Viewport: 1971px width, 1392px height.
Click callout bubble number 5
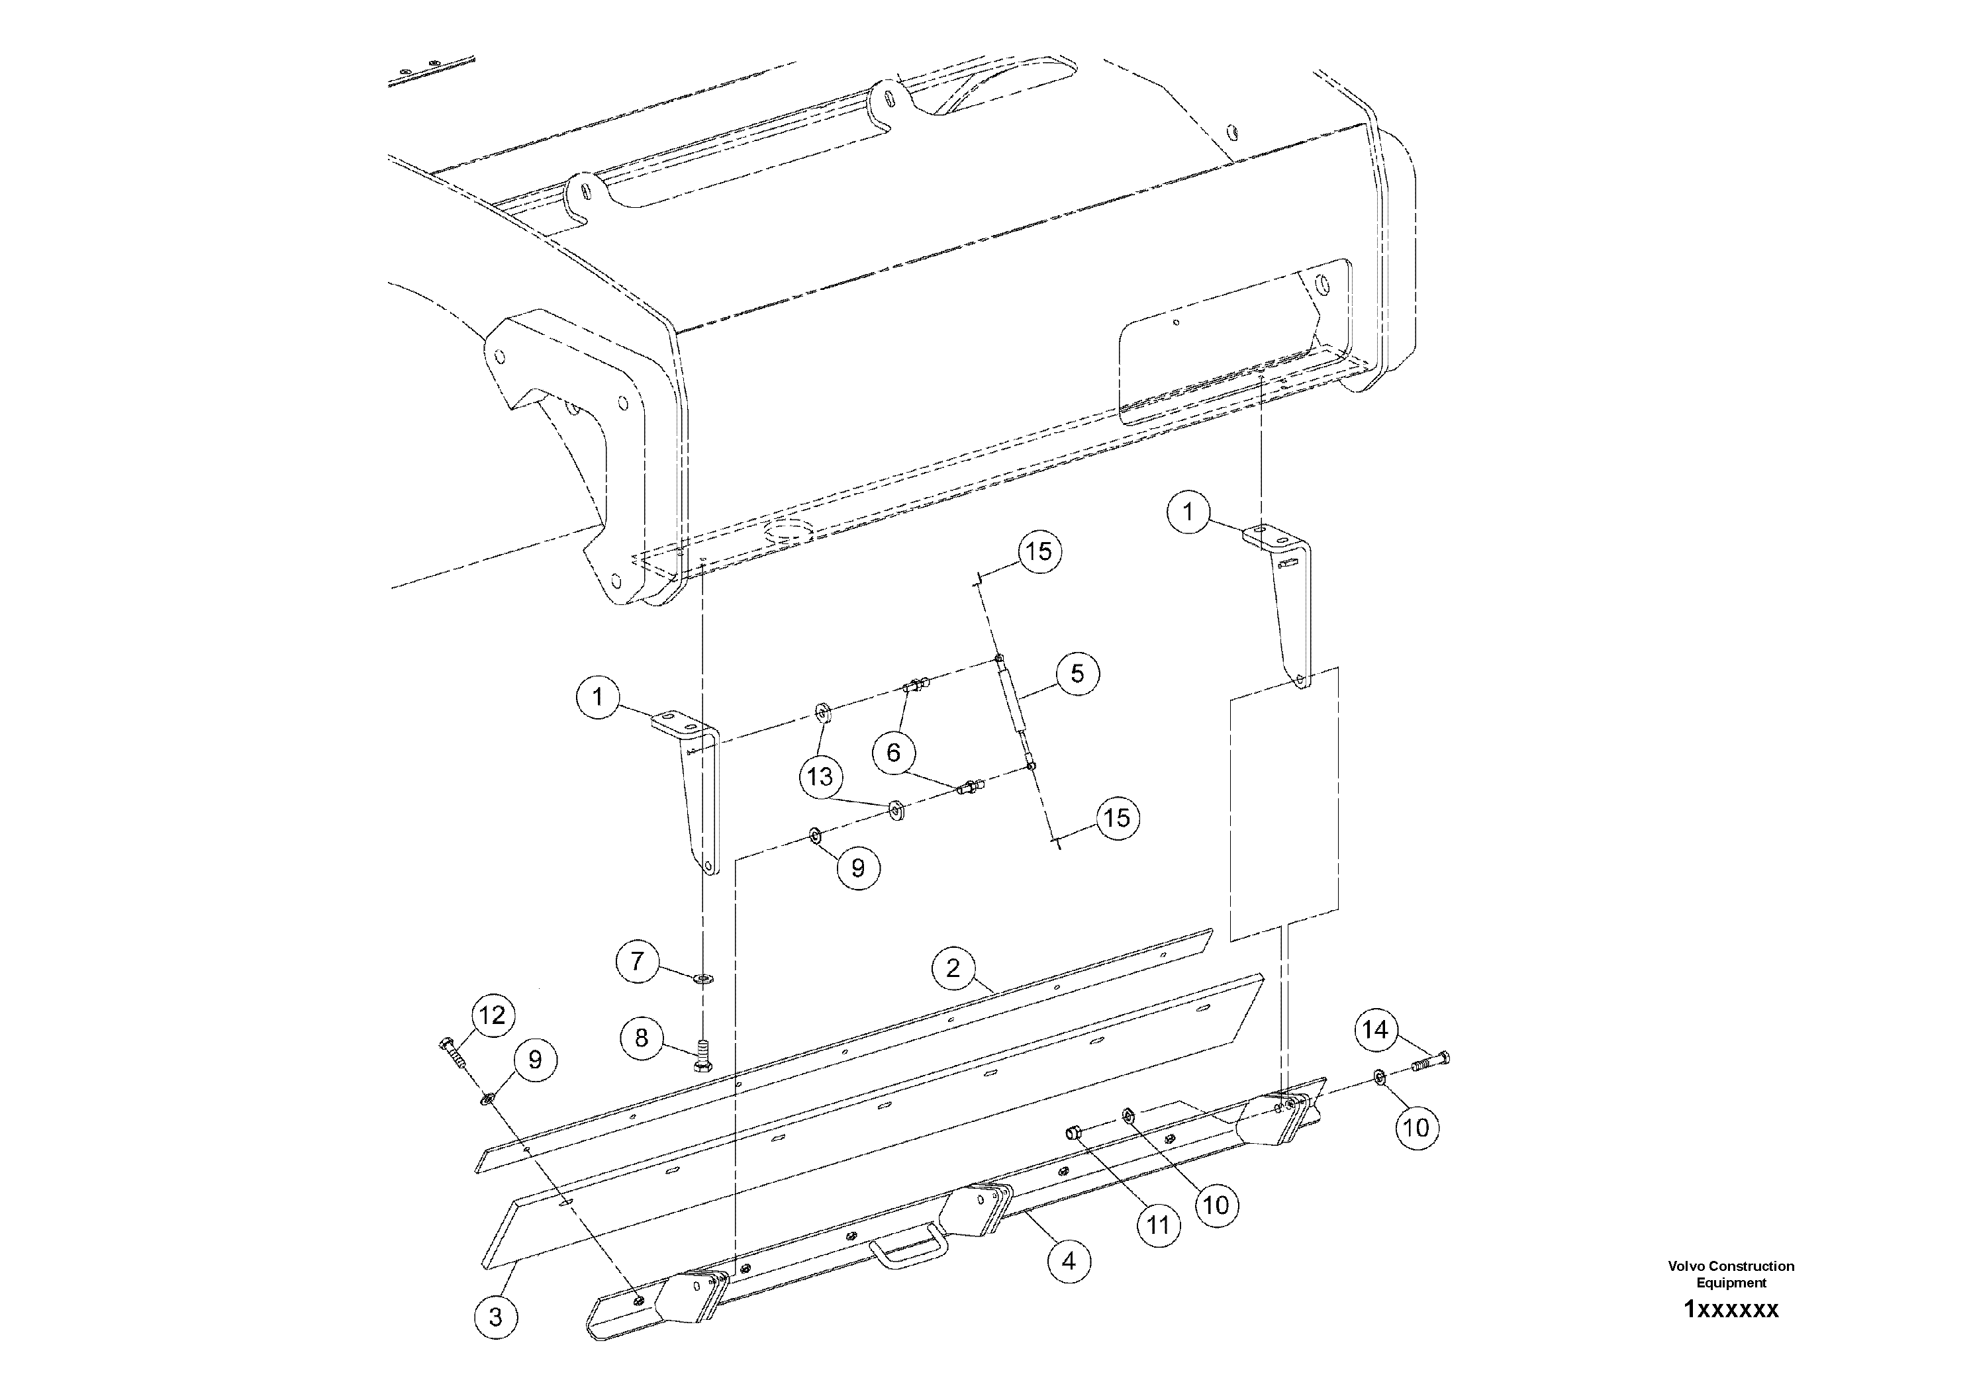1077,674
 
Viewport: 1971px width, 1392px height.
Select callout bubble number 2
953,969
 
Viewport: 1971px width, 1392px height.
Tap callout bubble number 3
495,1317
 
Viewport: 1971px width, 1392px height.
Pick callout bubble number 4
1069,1262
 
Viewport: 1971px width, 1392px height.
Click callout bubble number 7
637,960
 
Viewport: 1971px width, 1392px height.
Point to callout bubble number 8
642,1039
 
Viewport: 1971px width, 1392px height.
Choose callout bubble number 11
1159,1225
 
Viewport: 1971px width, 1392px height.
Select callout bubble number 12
492,1015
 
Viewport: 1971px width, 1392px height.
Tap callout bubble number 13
820,776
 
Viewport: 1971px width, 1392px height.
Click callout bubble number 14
1376,1029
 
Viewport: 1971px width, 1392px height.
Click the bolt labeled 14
1430,1061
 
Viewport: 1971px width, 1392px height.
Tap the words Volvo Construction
1731,1266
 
